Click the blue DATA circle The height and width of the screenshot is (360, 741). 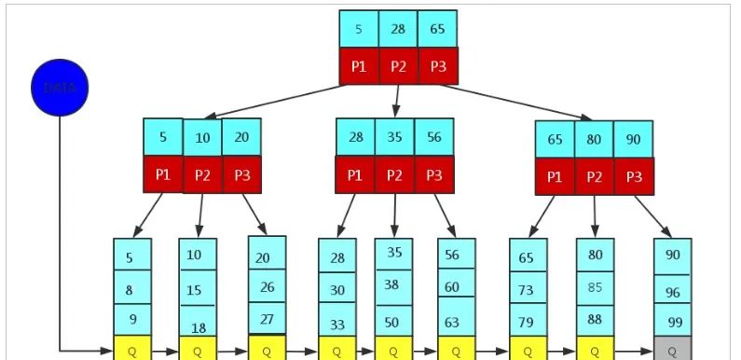tap(60, 89)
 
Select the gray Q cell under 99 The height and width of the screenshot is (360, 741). tap(672, 350)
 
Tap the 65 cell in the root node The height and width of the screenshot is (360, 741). tap(437, 29)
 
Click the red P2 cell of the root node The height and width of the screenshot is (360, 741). tap(398, 66)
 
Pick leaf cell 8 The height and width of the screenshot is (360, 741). tap(131, 289)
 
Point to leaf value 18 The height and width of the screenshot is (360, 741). tap(198, 327)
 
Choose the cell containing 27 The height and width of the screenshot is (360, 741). tap(267, 318)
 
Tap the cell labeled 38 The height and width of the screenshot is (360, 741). tap(393, 285)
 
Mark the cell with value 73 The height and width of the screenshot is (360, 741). tap(528, 290)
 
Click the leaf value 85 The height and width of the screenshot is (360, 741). tap(595, 288)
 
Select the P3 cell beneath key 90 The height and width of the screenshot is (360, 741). tap(633, 176)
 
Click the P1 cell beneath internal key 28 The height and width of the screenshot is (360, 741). tap(355, 174)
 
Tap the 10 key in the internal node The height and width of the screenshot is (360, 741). tap(202, 137)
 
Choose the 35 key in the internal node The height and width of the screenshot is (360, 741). tap(394, 136)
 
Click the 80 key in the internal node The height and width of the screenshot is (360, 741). tap(594, 139)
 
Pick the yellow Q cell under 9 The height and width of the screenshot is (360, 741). tap(131, 350)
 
